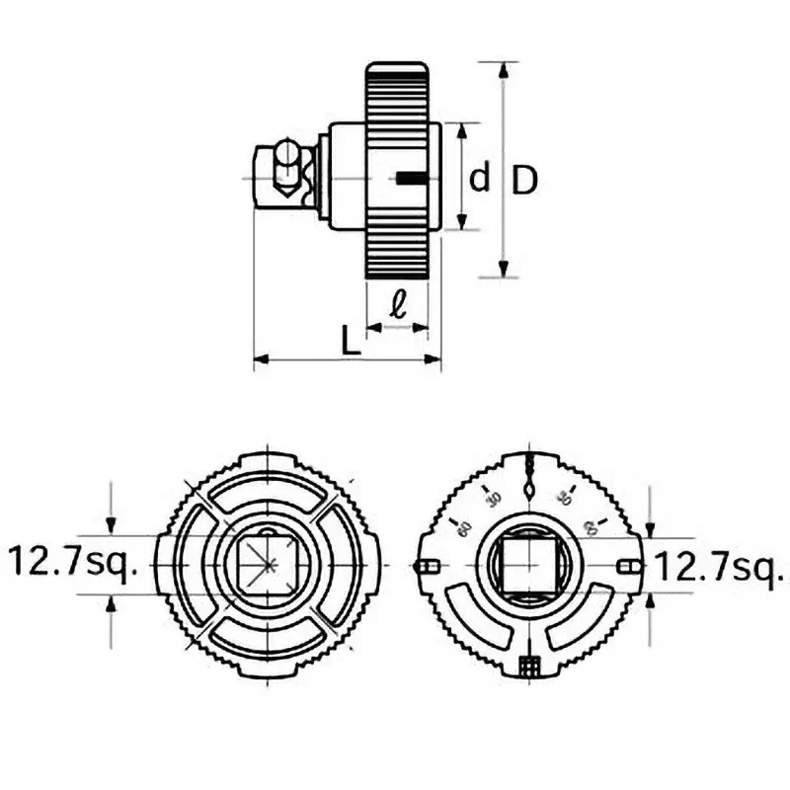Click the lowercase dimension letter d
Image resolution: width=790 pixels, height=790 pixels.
point(479,179)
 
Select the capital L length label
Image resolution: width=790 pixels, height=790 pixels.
point(349,341)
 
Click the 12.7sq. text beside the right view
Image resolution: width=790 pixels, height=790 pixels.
point(720,567)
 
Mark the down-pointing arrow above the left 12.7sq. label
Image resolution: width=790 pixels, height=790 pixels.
point(112,521)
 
